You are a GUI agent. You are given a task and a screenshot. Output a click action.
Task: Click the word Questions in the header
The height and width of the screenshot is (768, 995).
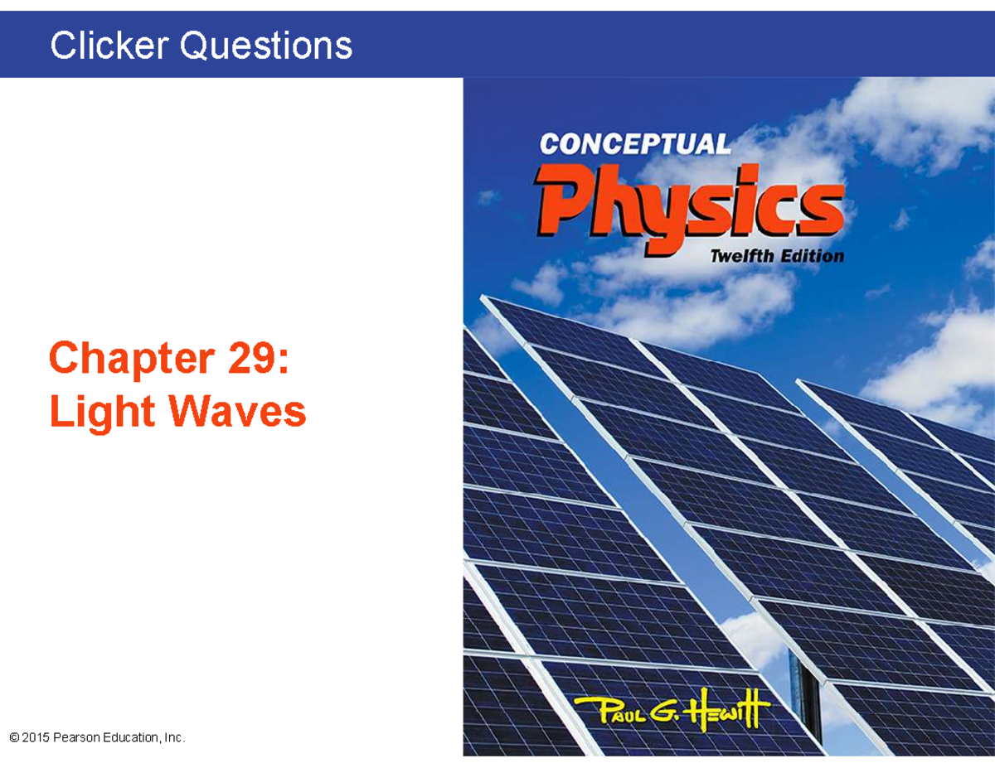pyautogui.click(x=267, y=46)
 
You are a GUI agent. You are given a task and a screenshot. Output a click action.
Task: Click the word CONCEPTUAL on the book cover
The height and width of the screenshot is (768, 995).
pyautogui.click(x=635, y=144)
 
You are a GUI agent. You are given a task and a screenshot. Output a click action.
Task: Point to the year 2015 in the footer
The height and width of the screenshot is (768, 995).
pyautogui.click(x=36, y=737)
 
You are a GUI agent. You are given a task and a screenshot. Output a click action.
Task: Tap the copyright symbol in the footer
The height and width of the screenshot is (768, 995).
pyautogui.click(x=14, y=737)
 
